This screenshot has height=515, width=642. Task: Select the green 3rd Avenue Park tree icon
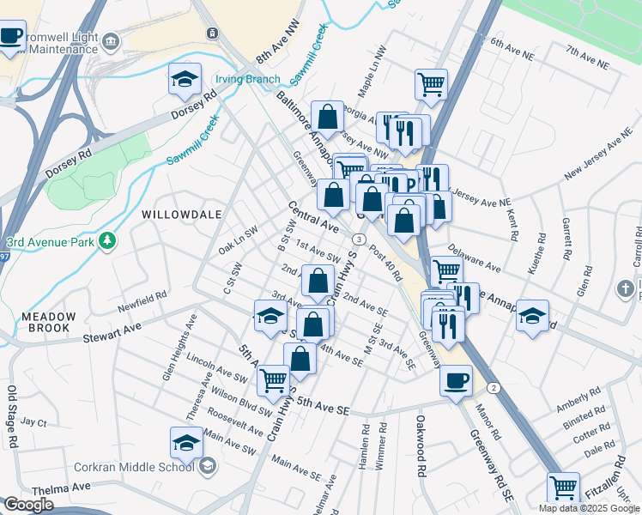pyautogui.click(x=107, y=241)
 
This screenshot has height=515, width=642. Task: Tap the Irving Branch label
pyautogui.click(x=247, y=79)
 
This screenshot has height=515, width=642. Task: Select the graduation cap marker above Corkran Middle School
pyautogui.click(x=186, y=444)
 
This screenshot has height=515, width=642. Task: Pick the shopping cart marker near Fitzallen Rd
pyautogui.click(x=563, y=489)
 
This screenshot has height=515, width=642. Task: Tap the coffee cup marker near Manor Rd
pyautogui.click(x=456, y=380)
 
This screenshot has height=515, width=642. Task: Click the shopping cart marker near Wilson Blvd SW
pyautogui.click(x=273, y=381)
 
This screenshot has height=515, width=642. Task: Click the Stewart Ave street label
pyautogui.click(x=112, y=328)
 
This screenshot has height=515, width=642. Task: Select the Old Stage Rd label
pyautogui.click(x=12, y=417)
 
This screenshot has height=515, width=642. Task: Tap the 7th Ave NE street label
pyautogui.click(x=587, y=58)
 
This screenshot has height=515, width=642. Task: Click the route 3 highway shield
pyautogui.click(x=359, y=239)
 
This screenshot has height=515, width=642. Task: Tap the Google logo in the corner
pyautogui.click(x=28, y=505)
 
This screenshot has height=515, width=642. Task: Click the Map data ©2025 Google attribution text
pyautogui.click(x=589, y=508)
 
